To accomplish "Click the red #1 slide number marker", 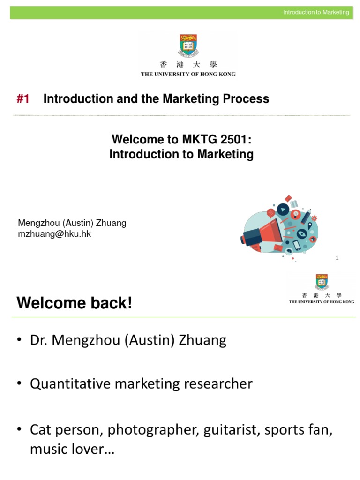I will (x=23, y=99).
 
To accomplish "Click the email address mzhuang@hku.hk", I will (x=54, y=234).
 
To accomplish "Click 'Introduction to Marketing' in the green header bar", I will (x=316, y=12).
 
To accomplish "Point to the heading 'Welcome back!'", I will (x=75, y=303).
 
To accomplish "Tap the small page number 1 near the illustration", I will (x=337, y=258).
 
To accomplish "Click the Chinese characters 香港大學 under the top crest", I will (x=188, y=65).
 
